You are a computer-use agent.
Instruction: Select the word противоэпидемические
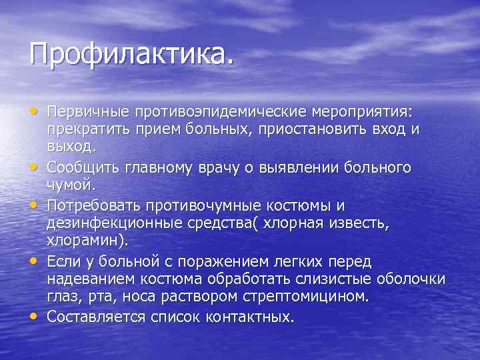point(204,111)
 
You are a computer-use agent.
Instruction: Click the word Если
point(63,260)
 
